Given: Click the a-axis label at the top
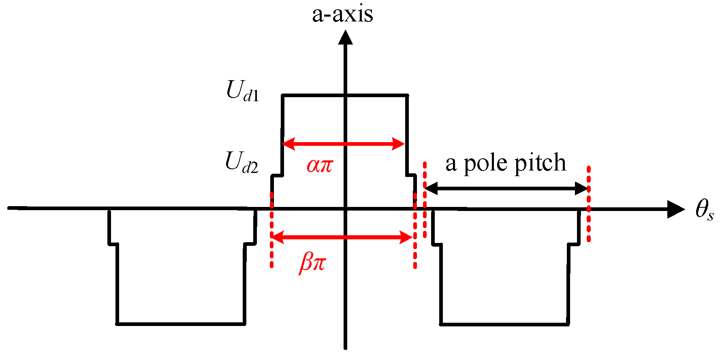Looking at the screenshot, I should click(x=342, y=14).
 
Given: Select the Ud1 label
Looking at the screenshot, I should click(x=242, y=91).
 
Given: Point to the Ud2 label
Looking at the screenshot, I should click(x=241, y=163).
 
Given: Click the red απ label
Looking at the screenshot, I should click(x=320, y=165).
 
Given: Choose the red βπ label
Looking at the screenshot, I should click(x=312, y=262).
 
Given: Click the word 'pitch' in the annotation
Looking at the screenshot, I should click(x=541, y=163).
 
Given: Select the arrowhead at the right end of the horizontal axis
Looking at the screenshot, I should click(x=676, y=209).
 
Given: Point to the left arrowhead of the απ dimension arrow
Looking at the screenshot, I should click(x=288, y=144).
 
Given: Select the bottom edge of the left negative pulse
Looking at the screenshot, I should click(x=181, y=324).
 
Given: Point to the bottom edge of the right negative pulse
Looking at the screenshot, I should click(x=504, y=324).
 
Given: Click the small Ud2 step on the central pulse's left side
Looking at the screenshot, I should click(x=277, y=175).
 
